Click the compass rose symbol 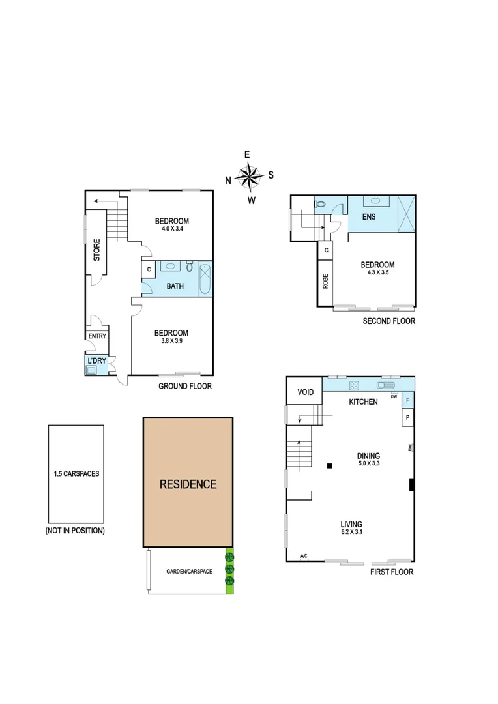[248, 176]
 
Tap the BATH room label [175, 286]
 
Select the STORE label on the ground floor [96, 251]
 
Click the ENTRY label [96, 336]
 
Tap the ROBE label [325, 280]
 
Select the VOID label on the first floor [306, 392]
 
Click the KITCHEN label [363, 402]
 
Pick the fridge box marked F [408, 400]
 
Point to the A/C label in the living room [304, 556]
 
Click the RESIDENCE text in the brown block [188, 484]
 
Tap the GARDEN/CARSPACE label [189, 571]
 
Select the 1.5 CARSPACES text [76, 474]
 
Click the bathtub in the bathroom [205, 278]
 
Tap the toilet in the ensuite [319, 204]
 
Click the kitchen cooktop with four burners [355, 385]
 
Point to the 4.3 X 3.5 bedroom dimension [377, 273]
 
